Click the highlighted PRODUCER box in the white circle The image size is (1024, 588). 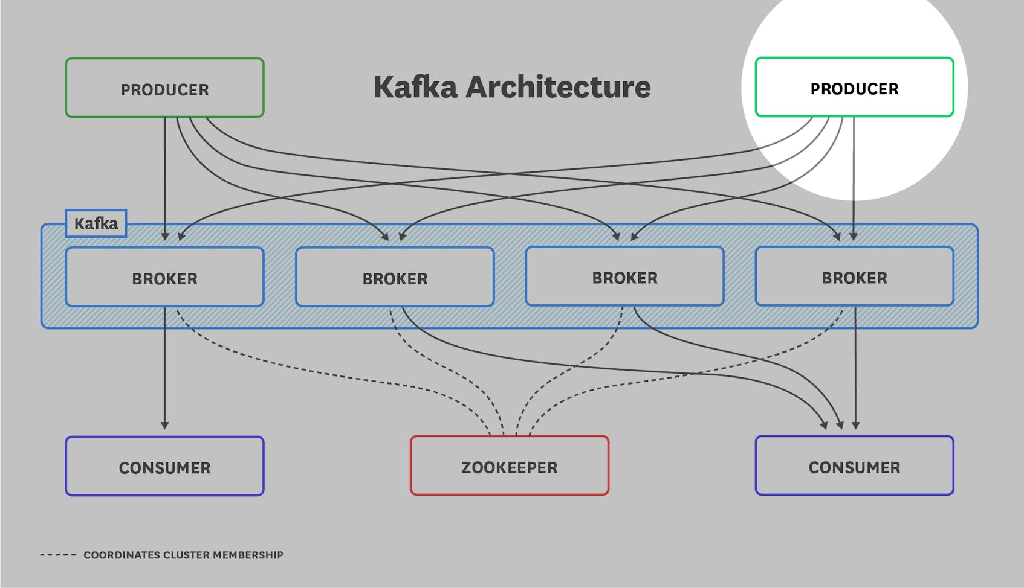854,88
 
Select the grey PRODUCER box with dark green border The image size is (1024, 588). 164,88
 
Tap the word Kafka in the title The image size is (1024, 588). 415,87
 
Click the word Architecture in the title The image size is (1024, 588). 558,87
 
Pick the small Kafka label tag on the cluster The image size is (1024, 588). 96,223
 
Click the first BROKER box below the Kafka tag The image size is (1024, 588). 164,277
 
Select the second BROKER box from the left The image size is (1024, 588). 395,277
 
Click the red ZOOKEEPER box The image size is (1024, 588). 509,466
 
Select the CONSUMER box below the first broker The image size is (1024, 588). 164,467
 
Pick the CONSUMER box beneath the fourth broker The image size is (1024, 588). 854,466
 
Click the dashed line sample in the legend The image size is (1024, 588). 57,555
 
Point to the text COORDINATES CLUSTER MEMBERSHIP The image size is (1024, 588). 183,555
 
